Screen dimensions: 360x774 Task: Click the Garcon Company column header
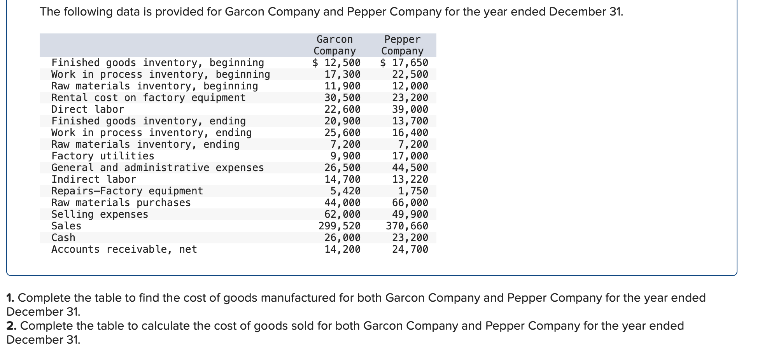pos(334,45)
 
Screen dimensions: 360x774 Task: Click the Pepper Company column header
pos(402,45)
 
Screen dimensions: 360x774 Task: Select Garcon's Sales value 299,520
pos(340,226)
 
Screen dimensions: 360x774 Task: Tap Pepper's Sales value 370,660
pos(407,226)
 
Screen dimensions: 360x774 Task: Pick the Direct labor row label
pos(88,109)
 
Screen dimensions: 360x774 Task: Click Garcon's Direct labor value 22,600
pos(343,109)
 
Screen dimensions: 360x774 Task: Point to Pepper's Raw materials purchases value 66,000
pos(410,203)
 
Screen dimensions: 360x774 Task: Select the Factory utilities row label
pos(103,156)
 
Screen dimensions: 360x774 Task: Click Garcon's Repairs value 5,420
pos(345,191)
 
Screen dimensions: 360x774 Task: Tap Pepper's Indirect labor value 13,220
pos(410,179)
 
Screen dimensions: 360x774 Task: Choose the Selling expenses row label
pos(100,214)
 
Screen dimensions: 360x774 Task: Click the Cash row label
pos(63,238)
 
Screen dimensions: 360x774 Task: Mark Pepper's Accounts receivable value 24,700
pos(410,249)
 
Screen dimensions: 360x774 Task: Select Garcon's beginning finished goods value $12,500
pos(337,63)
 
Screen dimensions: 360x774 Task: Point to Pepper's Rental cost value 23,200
pos(410,98)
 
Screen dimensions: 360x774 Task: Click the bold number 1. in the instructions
pos(11,298)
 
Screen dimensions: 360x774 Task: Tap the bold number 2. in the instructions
pos(11,326)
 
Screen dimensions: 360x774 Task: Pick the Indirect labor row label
pos(94,179)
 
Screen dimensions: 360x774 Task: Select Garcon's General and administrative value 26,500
pos(343,168)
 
